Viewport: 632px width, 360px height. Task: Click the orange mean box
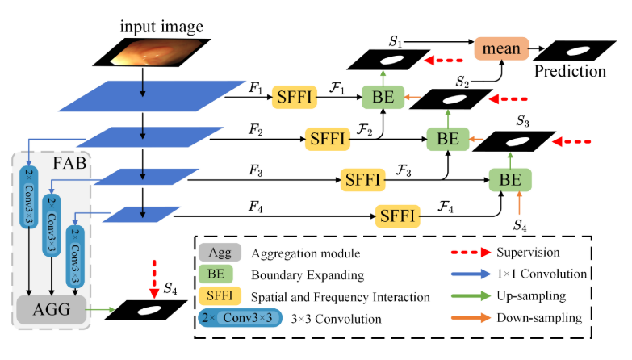point(500,50)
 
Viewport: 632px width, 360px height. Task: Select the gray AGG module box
point(52,309)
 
